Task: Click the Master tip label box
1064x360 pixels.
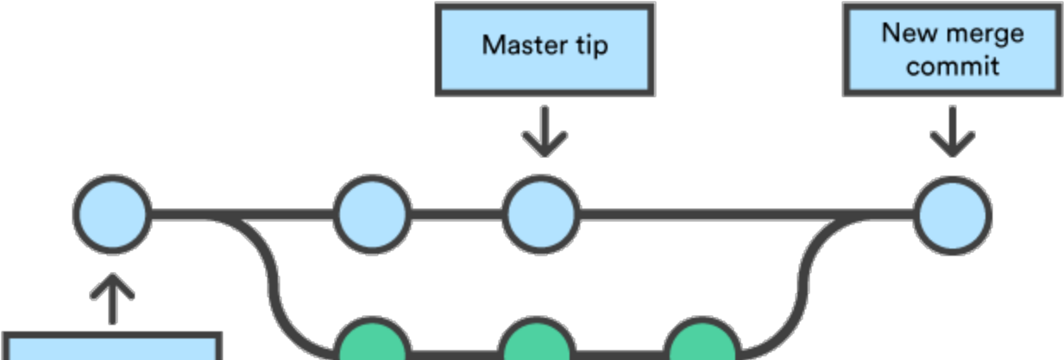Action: click(x=545, y=49)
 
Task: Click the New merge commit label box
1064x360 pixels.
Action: click(x=952, y=49)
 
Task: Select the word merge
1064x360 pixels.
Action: click(x=984, y=34)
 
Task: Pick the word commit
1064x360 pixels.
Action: click(x=953, y=66)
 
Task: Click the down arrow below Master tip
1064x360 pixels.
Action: click(x=545, y=133)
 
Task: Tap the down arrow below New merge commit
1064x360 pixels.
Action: click(x=952, y=133)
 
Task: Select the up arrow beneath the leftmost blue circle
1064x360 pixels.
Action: click(x=113, y=299)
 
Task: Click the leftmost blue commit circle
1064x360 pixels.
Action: click(x=113, y=215)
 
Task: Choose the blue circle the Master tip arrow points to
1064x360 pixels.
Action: click(x=541, y=215)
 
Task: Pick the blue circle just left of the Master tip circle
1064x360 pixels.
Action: click(x=373, y=215)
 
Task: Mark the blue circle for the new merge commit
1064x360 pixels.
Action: click(x=953, y=215)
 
